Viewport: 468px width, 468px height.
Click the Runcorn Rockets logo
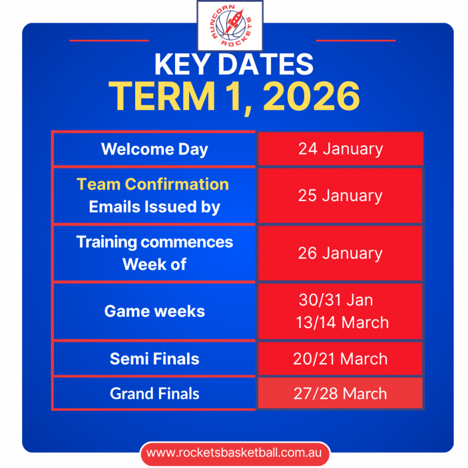coord(230,25)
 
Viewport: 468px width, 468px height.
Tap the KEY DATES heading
coord(234,64)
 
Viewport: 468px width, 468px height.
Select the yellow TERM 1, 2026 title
coord(234,97)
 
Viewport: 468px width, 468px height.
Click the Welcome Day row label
coord(155,149)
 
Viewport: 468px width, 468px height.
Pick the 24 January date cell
coord(341,148)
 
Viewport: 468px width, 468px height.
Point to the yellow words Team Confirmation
coord(153,184)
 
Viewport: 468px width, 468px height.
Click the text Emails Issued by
coord(155,207)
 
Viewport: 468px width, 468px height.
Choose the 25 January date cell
coord(340,196)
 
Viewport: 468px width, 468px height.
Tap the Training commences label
coord(155,242)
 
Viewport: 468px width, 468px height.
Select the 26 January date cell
coord(340,253)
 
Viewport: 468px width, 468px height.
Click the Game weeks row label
coord(155,311)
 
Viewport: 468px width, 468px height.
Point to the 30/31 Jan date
coord(336,300)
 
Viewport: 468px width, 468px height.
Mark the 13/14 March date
coord(342,323)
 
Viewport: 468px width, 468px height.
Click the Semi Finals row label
coord(155,359)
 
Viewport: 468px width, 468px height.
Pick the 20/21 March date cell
coord(340,358)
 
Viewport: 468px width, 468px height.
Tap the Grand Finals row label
coord(155,394)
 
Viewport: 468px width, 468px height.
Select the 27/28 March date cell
coord(340,393)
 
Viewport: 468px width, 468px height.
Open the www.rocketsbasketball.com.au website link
coord(235,453)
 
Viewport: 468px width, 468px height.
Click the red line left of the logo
coord(109,40)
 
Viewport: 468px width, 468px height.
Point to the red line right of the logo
coord(356,40)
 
